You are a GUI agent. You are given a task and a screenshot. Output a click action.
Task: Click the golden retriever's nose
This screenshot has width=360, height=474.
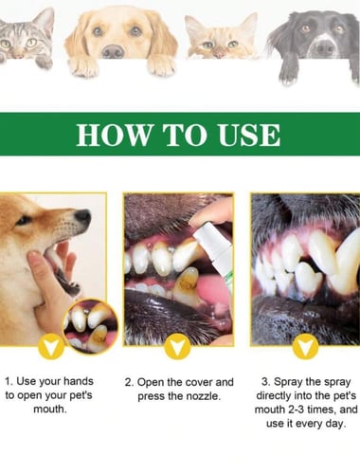113,51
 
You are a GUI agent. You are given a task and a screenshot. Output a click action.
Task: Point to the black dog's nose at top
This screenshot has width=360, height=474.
325,48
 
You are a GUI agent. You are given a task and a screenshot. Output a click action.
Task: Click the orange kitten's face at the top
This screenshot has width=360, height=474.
220,40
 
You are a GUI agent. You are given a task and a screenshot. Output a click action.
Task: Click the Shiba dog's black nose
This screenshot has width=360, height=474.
82,216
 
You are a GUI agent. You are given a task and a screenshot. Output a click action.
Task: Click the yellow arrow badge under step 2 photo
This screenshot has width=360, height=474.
178,347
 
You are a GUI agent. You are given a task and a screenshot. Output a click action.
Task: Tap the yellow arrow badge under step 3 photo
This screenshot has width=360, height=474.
305,347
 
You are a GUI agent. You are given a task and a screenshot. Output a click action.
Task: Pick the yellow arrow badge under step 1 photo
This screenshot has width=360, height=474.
51,347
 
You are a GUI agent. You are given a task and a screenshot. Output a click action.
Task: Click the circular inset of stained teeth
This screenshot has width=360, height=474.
91,326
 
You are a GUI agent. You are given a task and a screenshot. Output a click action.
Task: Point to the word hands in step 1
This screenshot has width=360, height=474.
78,381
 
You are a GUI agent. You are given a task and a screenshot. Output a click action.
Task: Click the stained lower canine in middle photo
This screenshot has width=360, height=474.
187,284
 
